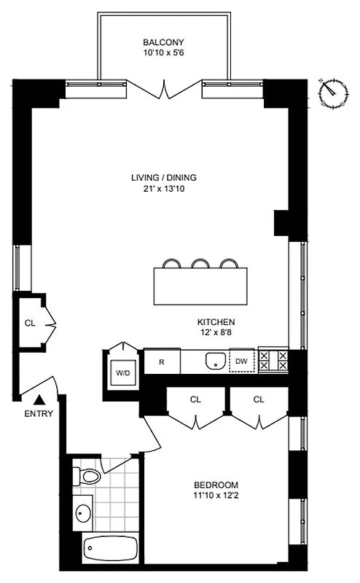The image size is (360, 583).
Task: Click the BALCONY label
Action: click(x=163, y=42)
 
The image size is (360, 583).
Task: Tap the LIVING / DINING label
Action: click(x=164, y=177)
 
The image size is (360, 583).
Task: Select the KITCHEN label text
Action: click(x=216, y=321)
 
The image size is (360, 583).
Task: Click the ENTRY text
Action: click(x=38, y=415)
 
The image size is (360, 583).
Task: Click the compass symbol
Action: click(x=332, y=92)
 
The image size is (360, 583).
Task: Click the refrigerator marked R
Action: click(x=160, y=361)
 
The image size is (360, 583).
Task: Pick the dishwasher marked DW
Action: click(x=242, y=361)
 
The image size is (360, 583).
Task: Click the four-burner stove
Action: click(x=274, y=361)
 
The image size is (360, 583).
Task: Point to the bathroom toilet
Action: click(x=87, y=477)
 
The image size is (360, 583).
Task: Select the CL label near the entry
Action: click(x=30, y=323)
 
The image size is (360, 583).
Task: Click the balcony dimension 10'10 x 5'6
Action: click(x=163, y=53)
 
